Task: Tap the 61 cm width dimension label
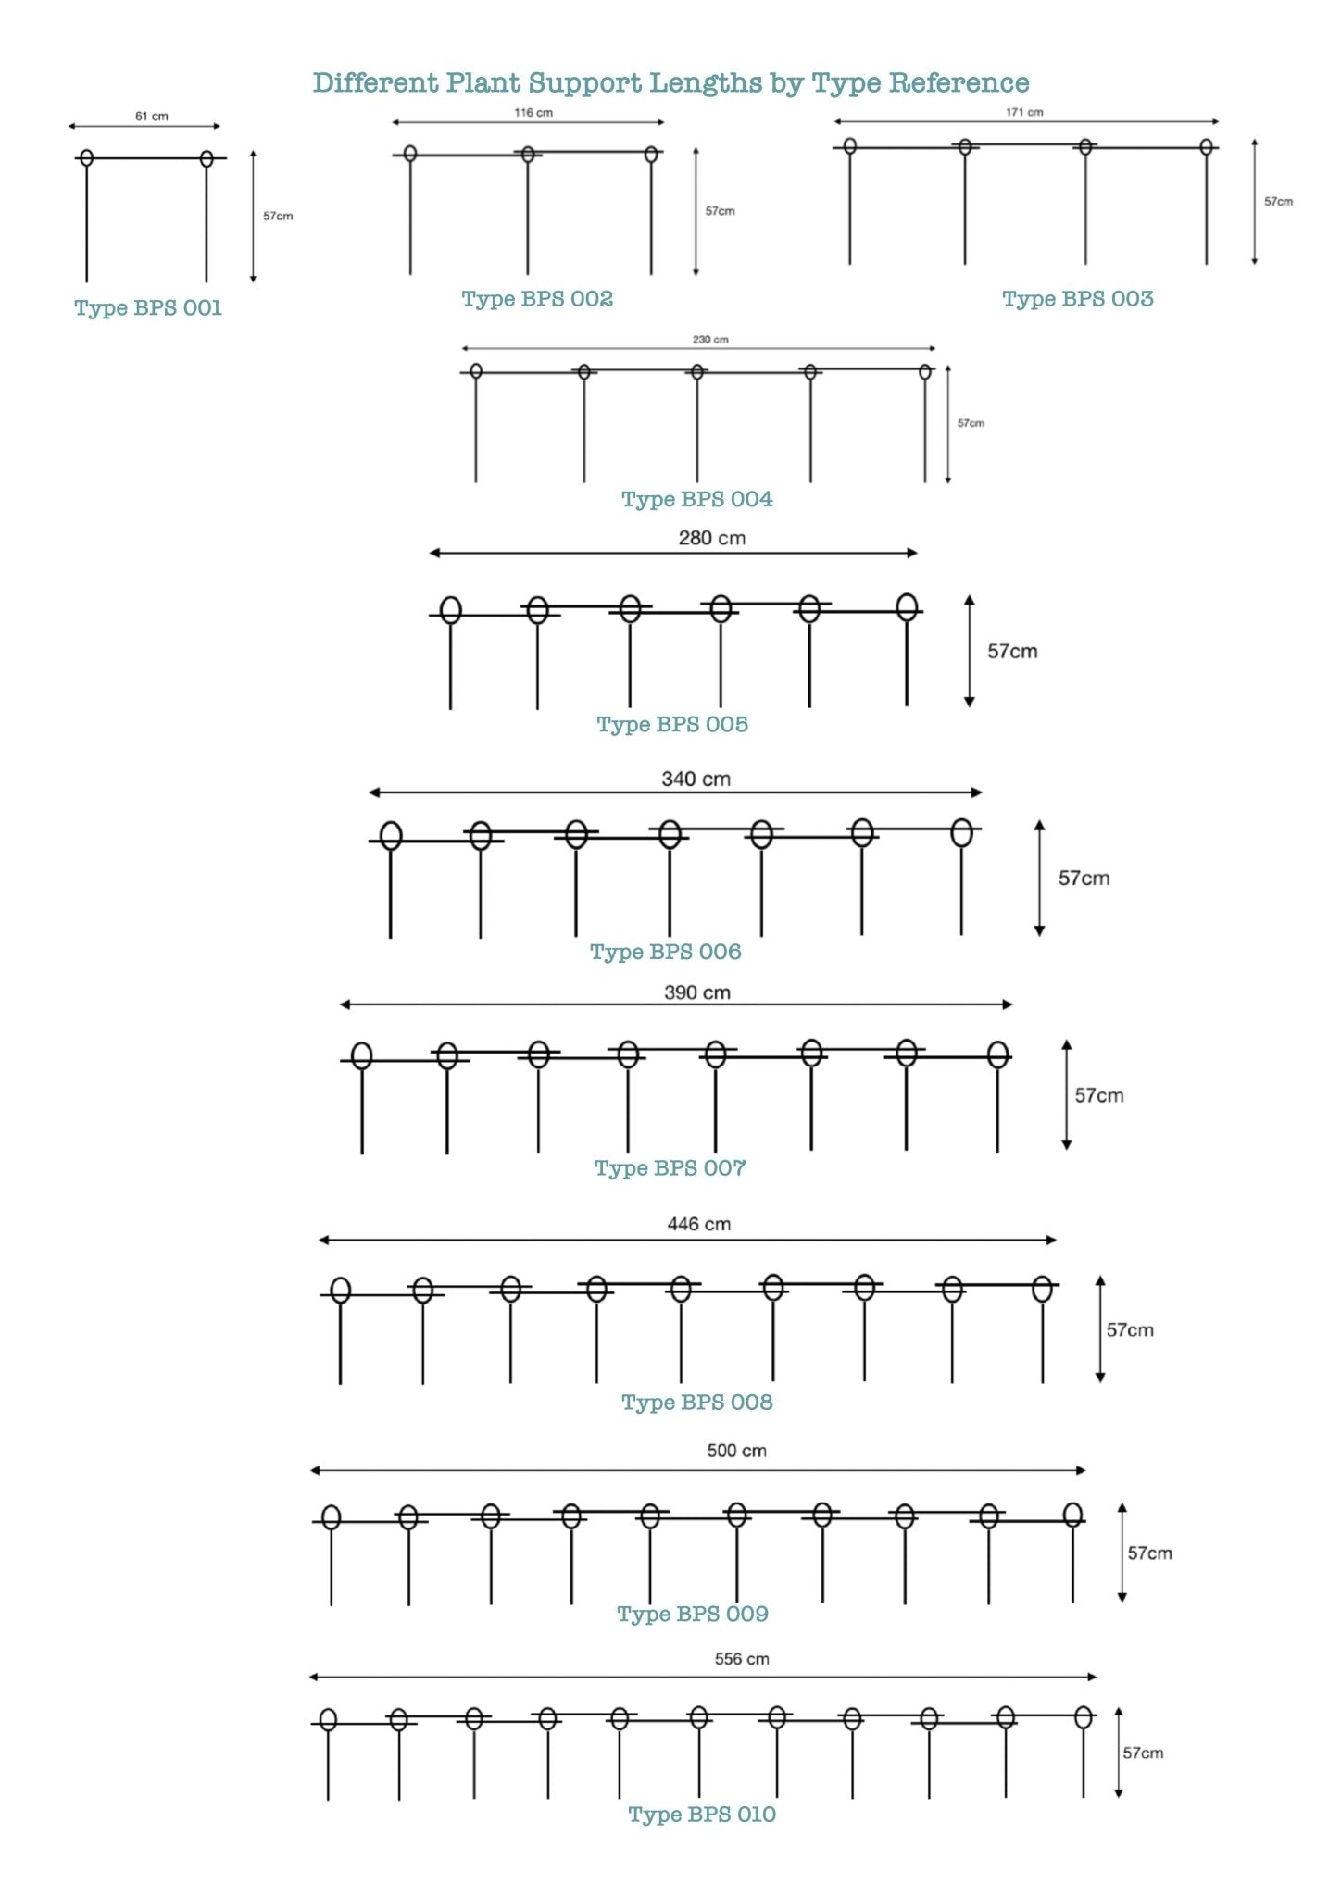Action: click(152, 117)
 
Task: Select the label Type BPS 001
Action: click(148, 308)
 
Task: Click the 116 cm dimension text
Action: click(533, 113)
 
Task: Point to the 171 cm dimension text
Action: click(1024, 112)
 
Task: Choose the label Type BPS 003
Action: click(1078, 299)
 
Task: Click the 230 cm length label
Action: click(710, 340)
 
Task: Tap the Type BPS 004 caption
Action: click(697, 500)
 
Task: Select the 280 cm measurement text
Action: click(711, 538)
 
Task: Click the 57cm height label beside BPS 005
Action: click(1012, 652)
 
